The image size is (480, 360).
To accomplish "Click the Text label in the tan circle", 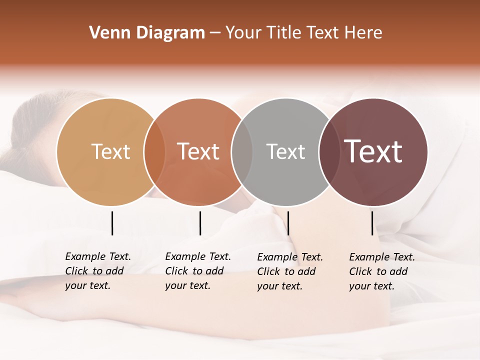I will click(110, 151).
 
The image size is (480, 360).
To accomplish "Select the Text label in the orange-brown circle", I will click(198, 151).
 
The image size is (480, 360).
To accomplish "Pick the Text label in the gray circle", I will click(285, 151).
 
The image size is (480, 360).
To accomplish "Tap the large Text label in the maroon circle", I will click(373, 151).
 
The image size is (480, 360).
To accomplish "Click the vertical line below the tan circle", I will click(112, 223).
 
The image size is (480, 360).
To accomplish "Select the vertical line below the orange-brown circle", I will click(200, 223).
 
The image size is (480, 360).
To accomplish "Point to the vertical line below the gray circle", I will click(288, 223).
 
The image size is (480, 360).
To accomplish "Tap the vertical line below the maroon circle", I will click(372, 223).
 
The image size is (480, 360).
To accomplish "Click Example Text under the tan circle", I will click(98, 256).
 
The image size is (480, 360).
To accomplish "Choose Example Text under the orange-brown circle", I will click(198, 256).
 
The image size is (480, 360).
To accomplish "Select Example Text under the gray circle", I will click(290, 257).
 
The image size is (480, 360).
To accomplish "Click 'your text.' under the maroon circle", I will click(372, 286).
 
